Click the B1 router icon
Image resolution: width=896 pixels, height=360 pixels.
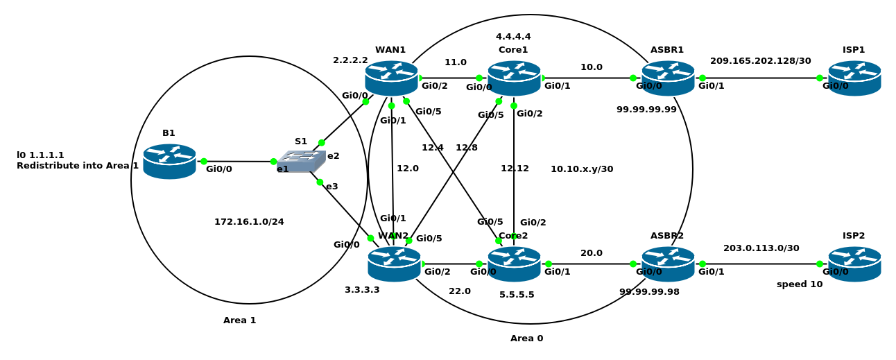[169, 162]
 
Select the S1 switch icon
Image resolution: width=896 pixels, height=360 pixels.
[301, 161]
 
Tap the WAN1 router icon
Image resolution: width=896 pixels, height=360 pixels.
[391, 78]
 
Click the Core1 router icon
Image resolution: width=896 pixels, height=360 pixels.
[514, 78]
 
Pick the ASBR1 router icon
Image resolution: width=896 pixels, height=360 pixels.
[668, 78]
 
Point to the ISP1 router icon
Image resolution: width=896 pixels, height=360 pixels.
[854, 78]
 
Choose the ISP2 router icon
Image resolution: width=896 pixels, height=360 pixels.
[854, 264]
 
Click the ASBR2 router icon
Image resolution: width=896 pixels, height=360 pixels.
[668, 264]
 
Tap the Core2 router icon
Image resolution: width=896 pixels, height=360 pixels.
[514, 264]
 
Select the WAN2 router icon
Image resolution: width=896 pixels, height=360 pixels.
[394, 264]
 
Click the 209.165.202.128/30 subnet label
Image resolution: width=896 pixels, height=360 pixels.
[760, 61]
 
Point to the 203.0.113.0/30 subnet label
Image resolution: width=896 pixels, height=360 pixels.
[761, 248]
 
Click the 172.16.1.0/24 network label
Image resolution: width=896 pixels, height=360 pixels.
[249, 221]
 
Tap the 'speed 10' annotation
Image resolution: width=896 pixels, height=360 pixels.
[800, 284]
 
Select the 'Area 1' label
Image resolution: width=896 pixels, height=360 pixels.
[239, 320]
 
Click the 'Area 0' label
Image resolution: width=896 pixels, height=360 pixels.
[527, 338]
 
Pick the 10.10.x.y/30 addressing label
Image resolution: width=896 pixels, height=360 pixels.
[582, 169]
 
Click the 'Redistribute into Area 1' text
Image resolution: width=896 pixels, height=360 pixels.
[78, 166]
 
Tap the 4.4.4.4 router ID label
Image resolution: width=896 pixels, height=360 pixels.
[513, 36]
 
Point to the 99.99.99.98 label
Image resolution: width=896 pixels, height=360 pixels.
[649, 292]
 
